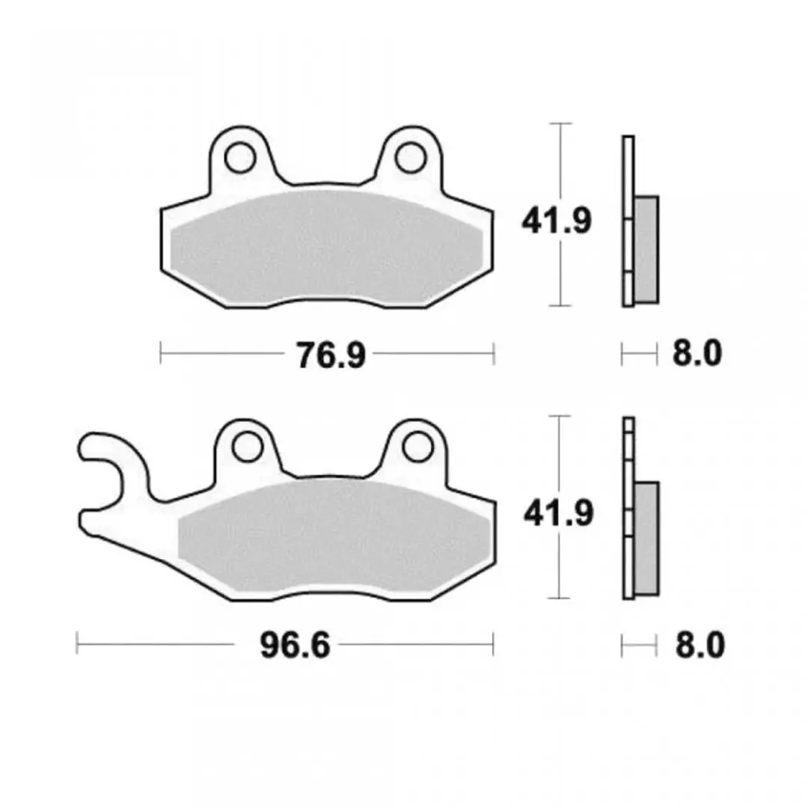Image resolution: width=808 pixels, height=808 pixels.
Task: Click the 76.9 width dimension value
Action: pyautogui.click(x=331, y=355)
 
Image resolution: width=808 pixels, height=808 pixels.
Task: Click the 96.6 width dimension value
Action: pyautogui.click(x=295, y=645)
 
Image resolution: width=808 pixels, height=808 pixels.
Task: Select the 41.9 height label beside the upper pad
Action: pyautogui.click(x=557, y=221)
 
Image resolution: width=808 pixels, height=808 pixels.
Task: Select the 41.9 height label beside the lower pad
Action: pyautogui.click(x=559, y=513)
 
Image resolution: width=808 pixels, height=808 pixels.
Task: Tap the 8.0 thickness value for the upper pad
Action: pyautogui.click(x=697, y=353)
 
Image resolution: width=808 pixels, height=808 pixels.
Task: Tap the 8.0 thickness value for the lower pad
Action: pyautogui.click(x=700, y=645)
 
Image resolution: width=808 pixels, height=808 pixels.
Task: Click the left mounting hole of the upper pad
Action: pyautogui.click(x=241, y=157)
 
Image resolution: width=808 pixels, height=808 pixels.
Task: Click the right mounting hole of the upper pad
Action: pyautogui.click(x=411, y=157)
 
